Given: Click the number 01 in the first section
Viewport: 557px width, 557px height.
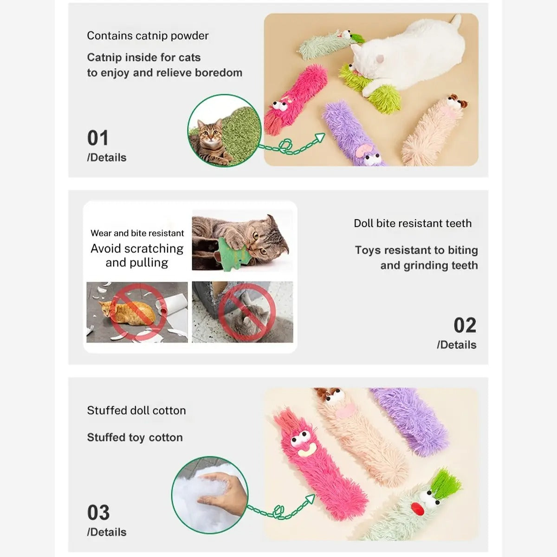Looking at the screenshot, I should (98, 138).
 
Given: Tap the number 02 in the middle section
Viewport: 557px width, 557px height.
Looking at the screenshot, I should (465, 325).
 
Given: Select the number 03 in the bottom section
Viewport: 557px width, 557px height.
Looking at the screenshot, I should (98, 512).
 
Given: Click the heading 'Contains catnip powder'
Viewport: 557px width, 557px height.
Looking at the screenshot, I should (148, 36).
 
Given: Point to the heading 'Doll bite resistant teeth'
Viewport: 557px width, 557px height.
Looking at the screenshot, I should (412, 223).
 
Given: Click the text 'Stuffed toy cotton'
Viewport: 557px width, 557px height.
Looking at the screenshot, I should (135, 437).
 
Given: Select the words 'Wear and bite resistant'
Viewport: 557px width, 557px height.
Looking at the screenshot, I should (137, 233).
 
